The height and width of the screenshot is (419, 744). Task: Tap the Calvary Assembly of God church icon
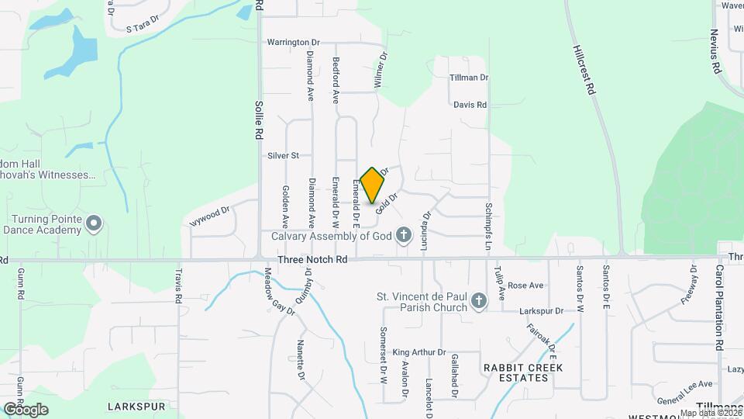click(403, 235)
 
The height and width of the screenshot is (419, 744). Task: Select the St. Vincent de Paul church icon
click(479, 301)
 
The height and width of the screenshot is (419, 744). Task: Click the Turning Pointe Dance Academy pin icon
click(94, 225)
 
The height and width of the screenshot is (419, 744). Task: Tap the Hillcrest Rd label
click(584, 69)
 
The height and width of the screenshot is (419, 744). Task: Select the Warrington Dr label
click(293, 42)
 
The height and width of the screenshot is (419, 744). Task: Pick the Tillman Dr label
click(470, 78)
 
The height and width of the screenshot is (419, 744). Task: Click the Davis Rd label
click(470, 105)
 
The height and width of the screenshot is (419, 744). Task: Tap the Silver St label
click(283, 156)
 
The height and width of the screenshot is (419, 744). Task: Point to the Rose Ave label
click(525, 286)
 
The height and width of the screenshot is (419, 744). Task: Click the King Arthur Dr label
click(419, 352)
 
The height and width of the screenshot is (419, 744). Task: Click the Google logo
click(26, 409)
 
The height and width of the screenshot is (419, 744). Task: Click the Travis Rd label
click(178, 286)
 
